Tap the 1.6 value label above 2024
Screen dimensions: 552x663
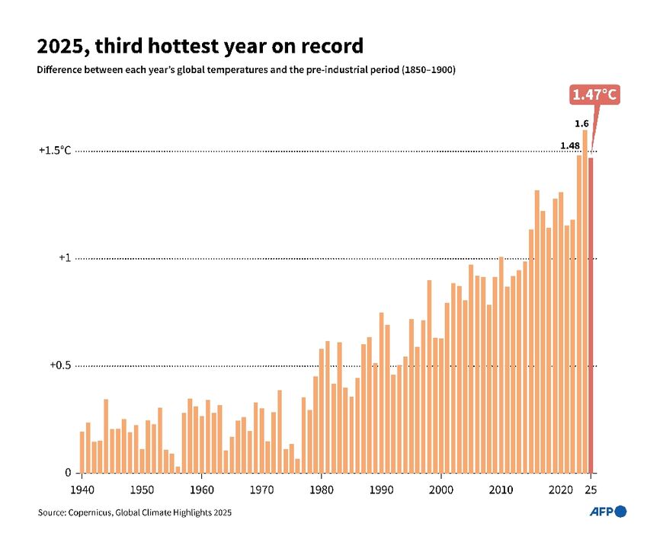581,123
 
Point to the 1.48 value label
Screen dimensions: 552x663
569,145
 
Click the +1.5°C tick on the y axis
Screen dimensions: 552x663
55,151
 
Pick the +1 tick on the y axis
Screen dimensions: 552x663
65,258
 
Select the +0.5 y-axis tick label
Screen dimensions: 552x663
60,365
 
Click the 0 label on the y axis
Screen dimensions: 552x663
68,473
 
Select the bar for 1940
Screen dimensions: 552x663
82,452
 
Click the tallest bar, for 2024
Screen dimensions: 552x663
585,302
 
